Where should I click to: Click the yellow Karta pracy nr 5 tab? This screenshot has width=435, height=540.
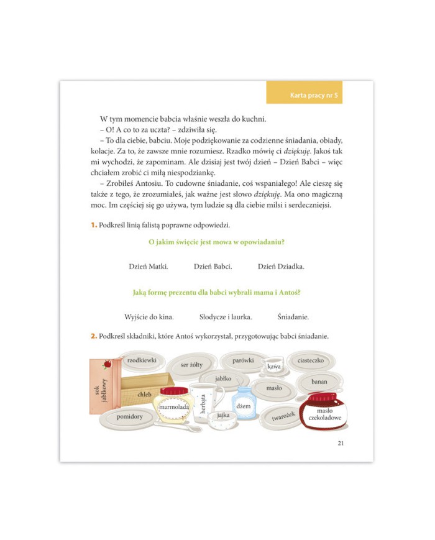coord(304,93)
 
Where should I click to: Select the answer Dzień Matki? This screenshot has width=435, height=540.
coord(149,267)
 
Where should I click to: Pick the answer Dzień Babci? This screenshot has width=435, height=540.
coord(213,267)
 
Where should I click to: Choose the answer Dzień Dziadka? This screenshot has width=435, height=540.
coord(281,267)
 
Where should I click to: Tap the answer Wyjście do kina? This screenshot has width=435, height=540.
coord(149,317)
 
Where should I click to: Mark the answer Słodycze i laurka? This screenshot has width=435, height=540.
coord(226,317)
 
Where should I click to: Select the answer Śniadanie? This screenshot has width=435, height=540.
coord(293,317)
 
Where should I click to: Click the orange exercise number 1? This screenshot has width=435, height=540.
coord(94,225)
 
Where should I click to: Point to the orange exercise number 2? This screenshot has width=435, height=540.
coord(94,336)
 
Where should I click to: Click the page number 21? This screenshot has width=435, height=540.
coord(341,443)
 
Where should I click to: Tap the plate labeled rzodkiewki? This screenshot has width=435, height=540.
coord(142,361)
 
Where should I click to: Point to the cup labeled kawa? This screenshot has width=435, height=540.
coord(274,365)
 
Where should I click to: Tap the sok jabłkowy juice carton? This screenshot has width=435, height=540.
coord(103,386)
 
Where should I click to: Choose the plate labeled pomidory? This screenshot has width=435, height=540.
coord(129,418)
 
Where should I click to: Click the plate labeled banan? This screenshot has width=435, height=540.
coord(319,382)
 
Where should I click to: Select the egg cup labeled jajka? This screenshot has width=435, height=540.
coord(223,419)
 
